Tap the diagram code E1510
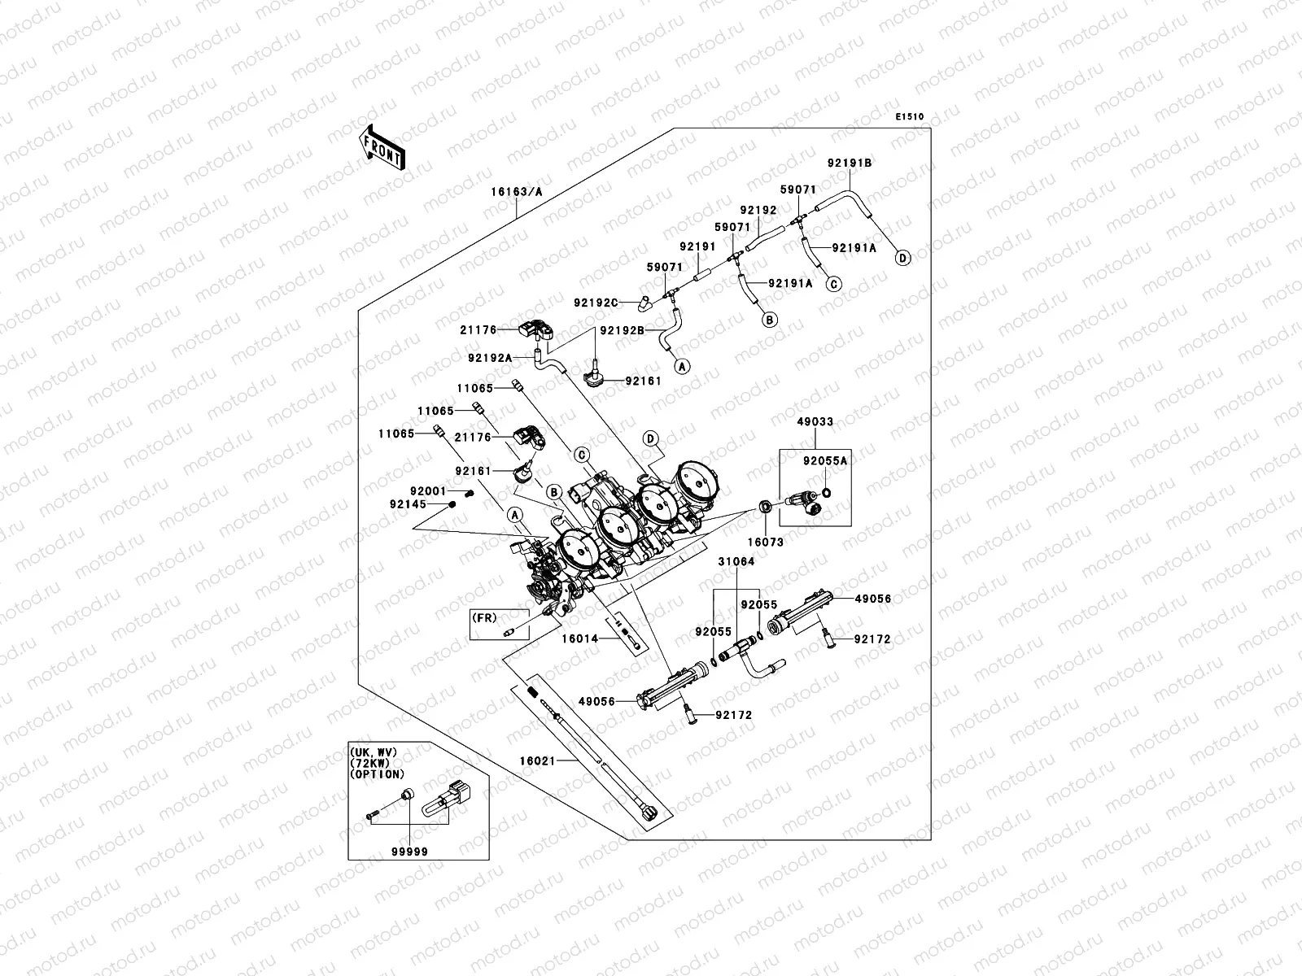point(910,117)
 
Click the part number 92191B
point(850,163)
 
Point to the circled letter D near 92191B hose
point(902,258)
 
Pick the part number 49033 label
point(815,422)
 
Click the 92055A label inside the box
point(825,460)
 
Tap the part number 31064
point(736,562)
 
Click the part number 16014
point(579,639)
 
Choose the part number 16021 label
point(538,760)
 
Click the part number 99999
point(410,851)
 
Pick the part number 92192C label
point(596,303)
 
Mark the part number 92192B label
point(623,330)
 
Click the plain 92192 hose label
point(758,209)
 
